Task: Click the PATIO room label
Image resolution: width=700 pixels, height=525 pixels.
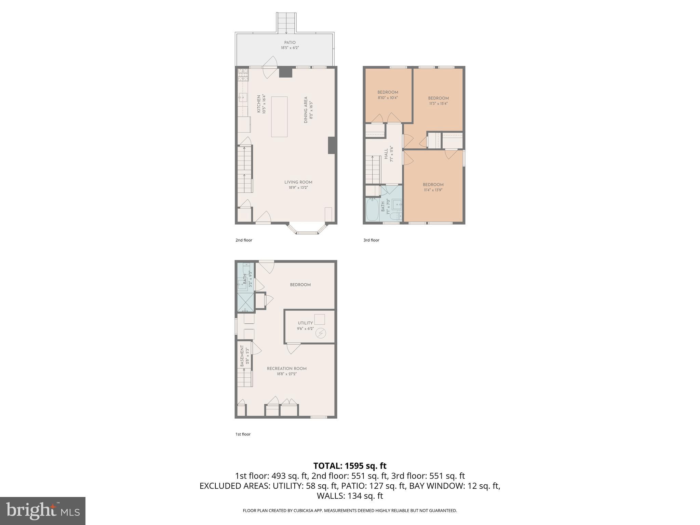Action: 290,45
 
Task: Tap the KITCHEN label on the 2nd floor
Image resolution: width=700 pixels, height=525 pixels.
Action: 261,104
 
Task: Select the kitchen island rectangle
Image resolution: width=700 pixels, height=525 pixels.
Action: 279,117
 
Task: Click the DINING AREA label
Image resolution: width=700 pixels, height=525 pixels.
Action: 308,110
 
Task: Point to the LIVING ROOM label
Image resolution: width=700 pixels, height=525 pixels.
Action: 298,185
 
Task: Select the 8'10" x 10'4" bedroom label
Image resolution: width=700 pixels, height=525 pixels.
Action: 388,95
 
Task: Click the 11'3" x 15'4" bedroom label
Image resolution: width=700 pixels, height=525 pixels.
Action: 438,100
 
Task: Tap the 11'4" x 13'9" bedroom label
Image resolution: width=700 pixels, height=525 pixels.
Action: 433,187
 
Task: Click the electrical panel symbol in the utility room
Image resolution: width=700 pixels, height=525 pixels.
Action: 321,333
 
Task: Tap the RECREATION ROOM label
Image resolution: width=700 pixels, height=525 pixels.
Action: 286,371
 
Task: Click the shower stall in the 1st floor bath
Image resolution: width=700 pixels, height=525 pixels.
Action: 245,302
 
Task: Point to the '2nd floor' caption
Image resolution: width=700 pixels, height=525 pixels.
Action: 244,240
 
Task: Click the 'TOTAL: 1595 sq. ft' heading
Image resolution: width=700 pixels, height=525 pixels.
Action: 350,466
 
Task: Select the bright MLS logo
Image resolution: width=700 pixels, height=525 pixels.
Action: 42,511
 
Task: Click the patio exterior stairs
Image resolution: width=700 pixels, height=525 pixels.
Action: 286,23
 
